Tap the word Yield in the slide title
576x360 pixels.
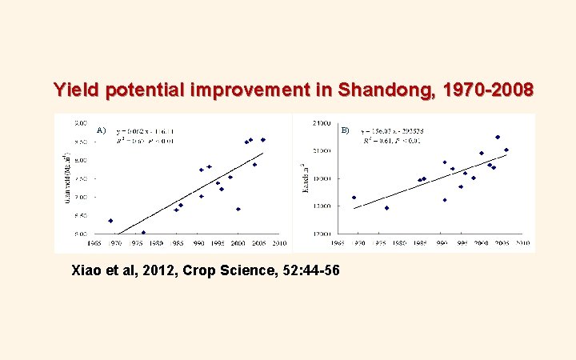click(x=74, y=90)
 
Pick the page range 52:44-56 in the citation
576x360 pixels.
click(x=307, y=270)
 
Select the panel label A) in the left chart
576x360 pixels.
click(x=102, y=130)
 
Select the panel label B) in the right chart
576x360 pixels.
click(x=345, y=130)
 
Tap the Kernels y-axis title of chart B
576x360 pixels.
click(x=303, y=178)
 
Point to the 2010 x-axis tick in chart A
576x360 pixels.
click(x=279, y=242)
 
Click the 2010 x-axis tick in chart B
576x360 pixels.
click(x=522, y=242)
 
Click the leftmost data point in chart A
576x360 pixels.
click(x=110, y=221)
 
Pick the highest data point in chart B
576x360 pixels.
click(x=498, y=137)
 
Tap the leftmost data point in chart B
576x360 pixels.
click(x=354, y=198)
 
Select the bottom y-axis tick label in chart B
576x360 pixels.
click(x=322, y=234)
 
